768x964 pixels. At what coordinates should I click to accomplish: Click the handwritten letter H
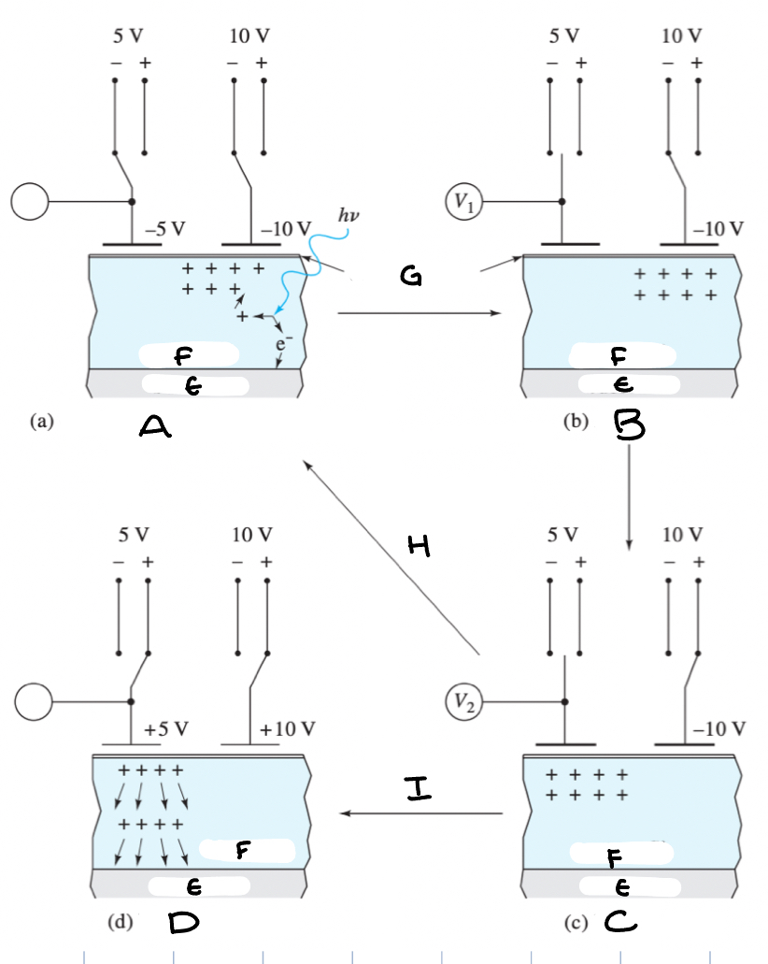420,549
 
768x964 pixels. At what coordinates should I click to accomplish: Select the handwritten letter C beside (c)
618,924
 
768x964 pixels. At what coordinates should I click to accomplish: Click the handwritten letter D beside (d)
183,924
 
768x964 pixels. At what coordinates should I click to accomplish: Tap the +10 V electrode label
288,728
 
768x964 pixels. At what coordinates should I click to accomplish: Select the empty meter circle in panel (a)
29,202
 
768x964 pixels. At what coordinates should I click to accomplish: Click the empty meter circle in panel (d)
35,702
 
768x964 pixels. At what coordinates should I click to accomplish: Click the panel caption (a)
40,422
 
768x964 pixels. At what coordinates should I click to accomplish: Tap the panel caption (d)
120,923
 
